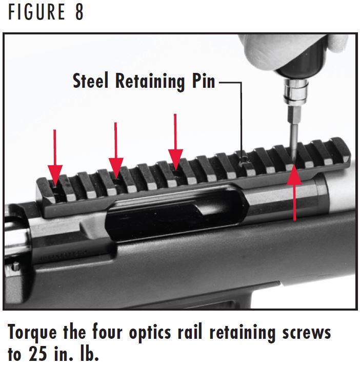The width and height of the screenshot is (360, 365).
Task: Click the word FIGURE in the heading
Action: pyautogui.click(x=35, y=12)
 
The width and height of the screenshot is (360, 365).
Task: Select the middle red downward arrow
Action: pyautogui.click(x=116, y=151)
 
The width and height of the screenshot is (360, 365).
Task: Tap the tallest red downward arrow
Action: pyautogui.click(x=176, y=141)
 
